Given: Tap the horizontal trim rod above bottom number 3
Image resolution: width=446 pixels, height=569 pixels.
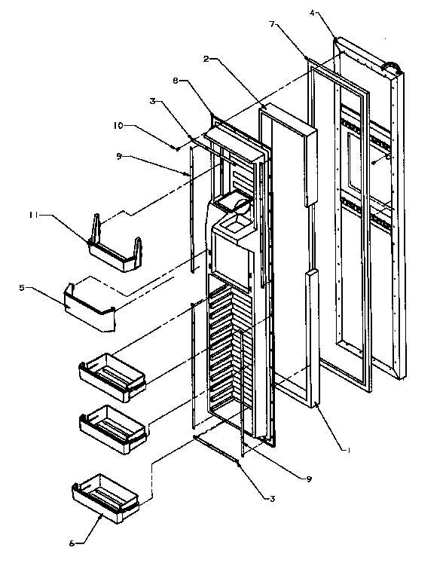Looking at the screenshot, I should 217,448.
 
